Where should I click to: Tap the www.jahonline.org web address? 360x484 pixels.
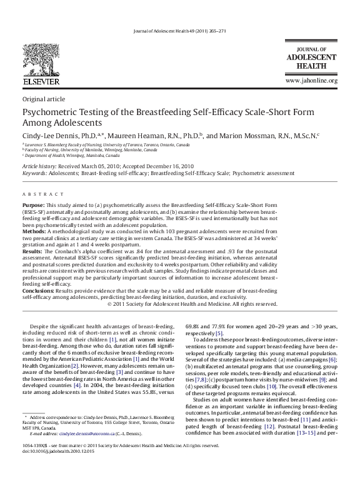tap(311, 81)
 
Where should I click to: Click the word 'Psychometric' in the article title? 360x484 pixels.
tap(49, 113)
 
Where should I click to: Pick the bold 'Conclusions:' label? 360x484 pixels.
tap(37, 291)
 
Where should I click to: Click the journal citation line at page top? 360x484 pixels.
tap(179, 31)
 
